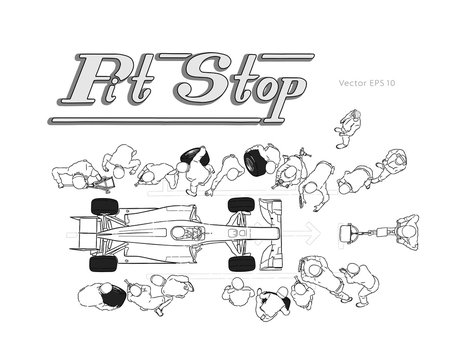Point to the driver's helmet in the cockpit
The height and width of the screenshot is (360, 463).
point(188,233)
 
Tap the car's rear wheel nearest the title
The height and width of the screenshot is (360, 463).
point(104,206)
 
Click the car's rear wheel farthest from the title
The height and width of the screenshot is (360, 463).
point(104,263)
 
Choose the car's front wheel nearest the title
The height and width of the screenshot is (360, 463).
point(240,205)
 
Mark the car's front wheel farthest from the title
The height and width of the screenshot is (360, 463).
point(240,263)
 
